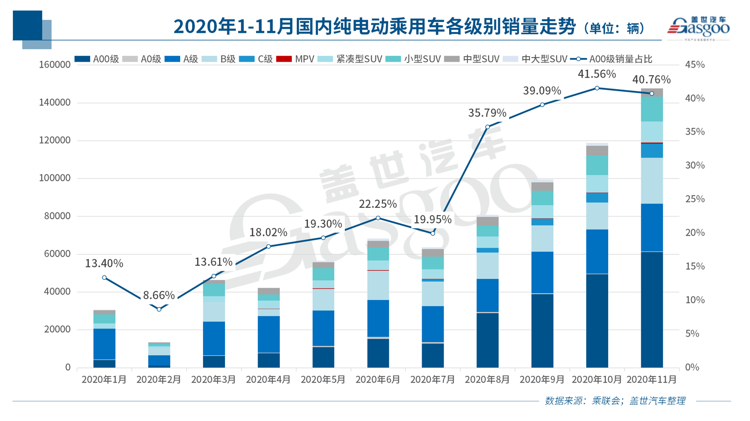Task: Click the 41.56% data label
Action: [597, 74]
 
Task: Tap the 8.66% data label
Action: [159, 295]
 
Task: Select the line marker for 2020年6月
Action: [378, 218]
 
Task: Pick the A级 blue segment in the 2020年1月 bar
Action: [104, 344]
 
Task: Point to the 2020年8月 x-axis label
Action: [487, 379]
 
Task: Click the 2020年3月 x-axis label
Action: [214, 379]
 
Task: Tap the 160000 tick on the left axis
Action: [55, 65]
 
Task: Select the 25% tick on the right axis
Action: [695, 199]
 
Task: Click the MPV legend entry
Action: [296, 59]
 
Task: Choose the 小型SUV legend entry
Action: [413, 59]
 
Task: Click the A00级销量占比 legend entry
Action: [612, 59]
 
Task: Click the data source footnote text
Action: [615, 401]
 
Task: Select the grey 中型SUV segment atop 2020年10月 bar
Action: [597, 150]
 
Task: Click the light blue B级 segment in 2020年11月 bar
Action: [652, 181]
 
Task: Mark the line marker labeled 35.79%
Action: [487, 127]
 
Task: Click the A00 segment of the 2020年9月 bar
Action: [542, 331]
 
